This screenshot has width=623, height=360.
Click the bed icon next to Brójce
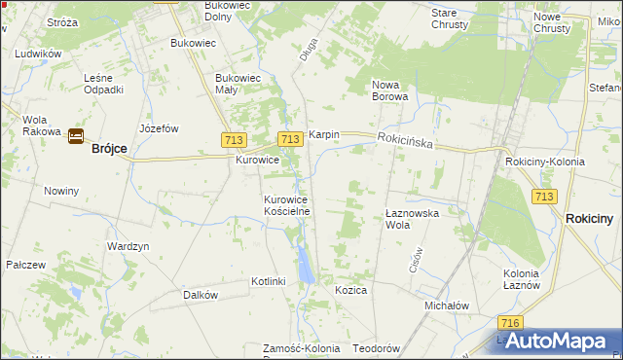[75, 136]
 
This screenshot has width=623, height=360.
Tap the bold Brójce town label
[109, 149]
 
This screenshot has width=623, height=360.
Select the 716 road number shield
[507, 323]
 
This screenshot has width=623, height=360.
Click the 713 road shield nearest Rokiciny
[544, 197]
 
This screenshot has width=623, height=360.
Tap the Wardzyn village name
[128, 247]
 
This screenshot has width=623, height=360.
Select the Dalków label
[200, 295]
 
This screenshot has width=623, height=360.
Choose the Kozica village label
[350, 291]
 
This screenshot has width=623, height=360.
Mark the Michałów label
[447, 306]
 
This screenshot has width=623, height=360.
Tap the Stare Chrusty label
[450, 18]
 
